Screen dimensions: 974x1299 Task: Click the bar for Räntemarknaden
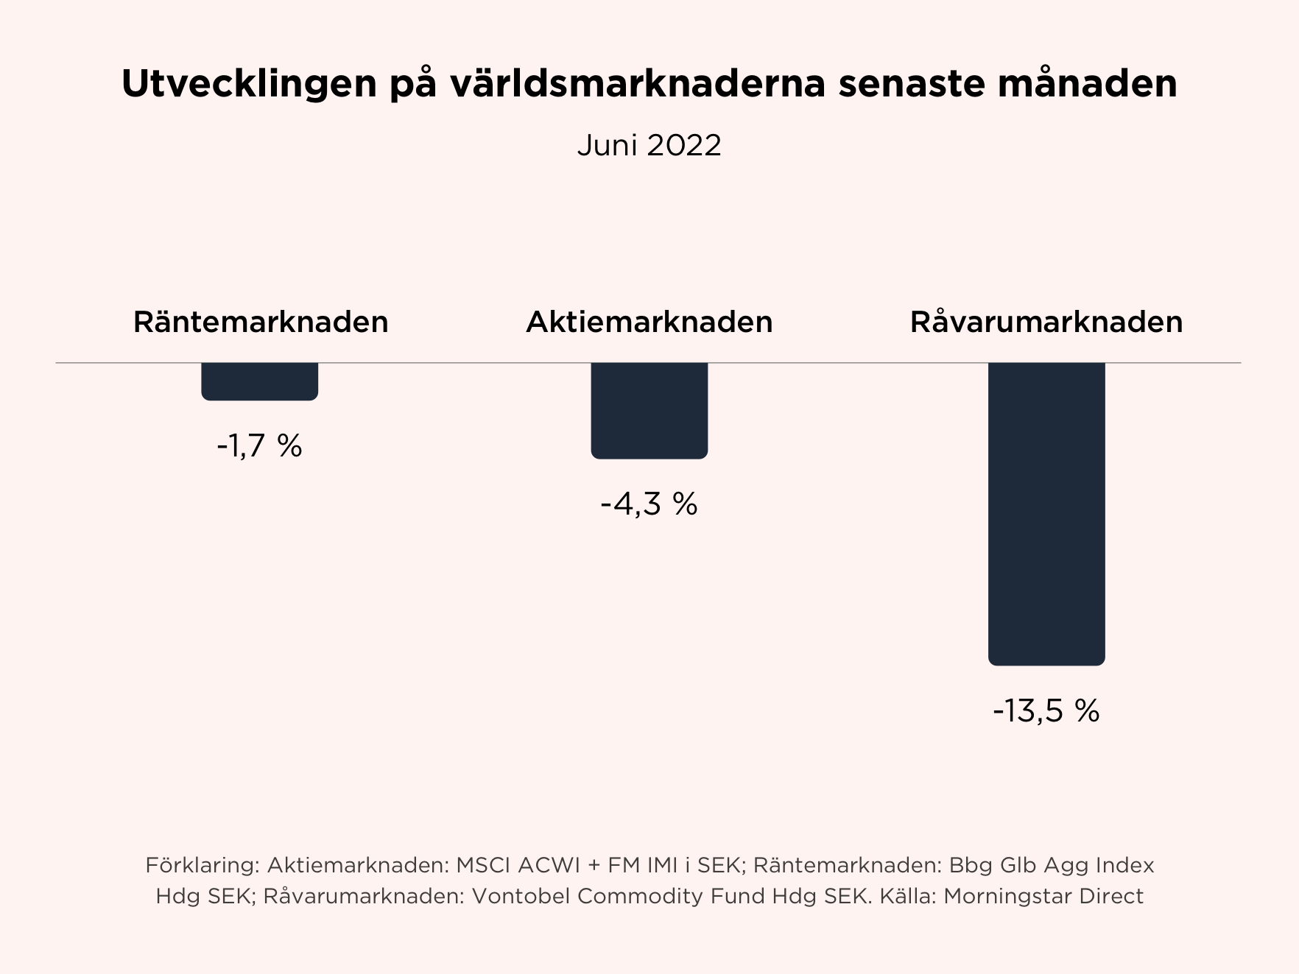click(x=259, y=381)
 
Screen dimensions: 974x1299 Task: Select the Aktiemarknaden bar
click(x=649, y=410)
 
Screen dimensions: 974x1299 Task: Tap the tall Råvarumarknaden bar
click(x=1046, y=514)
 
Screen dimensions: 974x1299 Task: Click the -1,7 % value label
click(x=259, y=446)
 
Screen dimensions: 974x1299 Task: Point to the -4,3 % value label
click(x=649, y=504)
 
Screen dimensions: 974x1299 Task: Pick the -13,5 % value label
click(x=1046, y=711)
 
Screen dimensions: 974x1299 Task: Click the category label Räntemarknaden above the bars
click(x=261, y=322)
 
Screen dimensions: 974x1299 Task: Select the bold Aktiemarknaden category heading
click(x=649, y=322)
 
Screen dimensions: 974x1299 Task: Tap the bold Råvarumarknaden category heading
click(x=1046, y=322)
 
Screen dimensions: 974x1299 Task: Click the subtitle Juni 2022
click(x=649, y=145)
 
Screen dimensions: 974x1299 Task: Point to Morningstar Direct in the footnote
click(x=1043, y=896)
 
